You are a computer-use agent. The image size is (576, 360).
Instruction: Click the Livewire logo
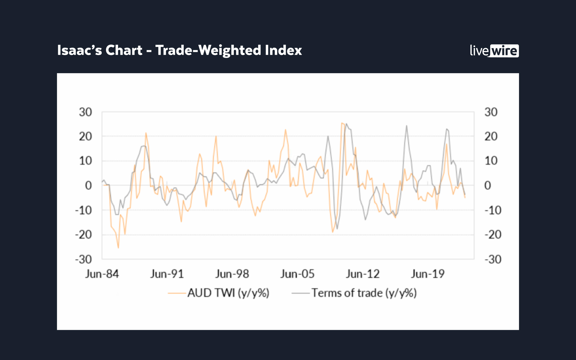[x=494, y=51]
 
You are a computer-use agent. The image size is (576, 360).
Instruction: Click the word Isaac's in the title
[x=79, y=50]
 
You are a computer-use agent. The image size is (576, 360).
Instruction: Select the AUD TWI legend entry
[x=219, y=293]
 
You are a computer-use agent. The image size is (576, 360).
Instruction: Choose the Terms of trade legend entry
[x=354, y=293]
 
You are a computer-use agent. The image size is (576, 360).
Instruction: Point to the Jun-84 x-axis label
[x=102, y=274]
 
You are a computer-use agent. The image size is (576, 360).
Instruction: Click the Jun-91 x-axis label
[x=167, y=274]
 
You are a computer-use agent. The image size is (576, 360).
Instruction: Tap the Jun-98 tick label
[x=232, y=274]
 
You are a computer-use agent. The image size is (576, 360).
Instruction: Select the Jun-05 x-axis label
[x=297, y=274]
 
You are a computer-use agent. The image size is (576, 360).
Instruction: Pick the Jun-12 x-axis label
[x=363, y=274]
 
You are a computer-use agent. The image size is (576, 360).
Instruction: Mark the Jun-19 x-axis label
[x=428, y=274]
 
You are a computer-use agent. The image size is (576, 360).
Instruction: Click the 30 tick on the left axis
[x=86, y=112]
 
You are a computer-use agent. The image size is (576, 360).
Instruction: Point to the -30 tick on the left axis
[x=84, y=259]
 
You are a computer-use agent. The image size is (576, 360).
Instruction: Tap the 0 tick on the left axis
[x=88, y=185]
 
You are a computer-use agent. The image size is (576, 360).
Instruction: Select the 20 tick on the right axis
[x=491, y=137]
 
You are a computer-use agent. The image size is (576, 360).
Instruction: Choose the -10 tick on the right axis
[x=493, y=210]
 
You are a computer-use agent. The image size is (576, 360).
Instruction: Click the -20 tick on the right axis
[x=493, y=235]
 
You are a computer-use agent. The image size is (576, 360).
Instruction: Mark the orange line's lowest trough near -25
[x=118, y=248]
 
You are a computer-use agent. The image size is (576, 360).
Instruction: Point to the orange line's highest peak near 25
[x=342, y=123]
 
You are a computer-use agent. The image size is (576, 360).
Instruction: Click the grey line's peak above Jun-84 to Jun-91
[x=144, y=146]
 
